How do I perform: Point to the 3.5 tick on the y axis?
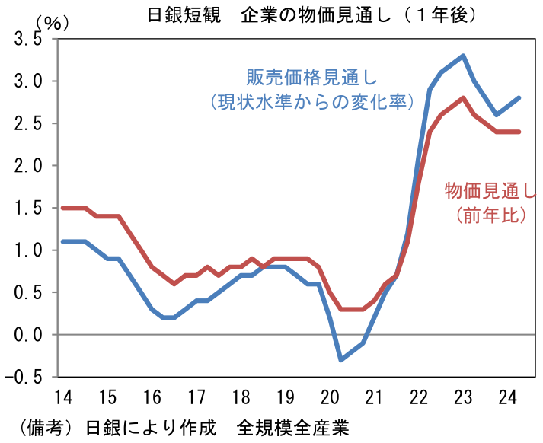tap(27, 39)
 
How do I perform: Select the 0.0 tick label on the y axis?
tap(27, 334)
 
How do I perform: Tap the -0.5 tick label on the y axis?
tap(23, 377)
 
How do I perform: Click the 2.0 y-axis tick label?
tap(27, 165)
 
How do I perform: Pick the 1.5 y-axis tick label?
tap(27, 208)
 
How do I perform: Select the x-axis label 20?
tap(329, 397)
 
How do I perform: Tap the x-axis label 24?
tap(507, 397)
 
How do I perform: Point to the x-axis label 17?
tap(196, 397)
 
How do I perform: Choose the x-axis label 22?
tap(418, 397)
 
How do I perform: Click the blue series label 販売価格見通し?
tap(312, 78)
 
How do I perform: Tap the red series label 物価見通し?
tap(491, 190)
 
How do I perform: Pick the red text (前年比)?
tap(491, 215)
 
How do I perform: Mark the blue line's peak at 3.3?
tap(463, 56)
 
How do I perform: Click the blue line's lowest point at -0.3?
tap(340, 359)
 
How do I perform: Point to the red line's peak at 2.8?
tap(463, 98)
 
